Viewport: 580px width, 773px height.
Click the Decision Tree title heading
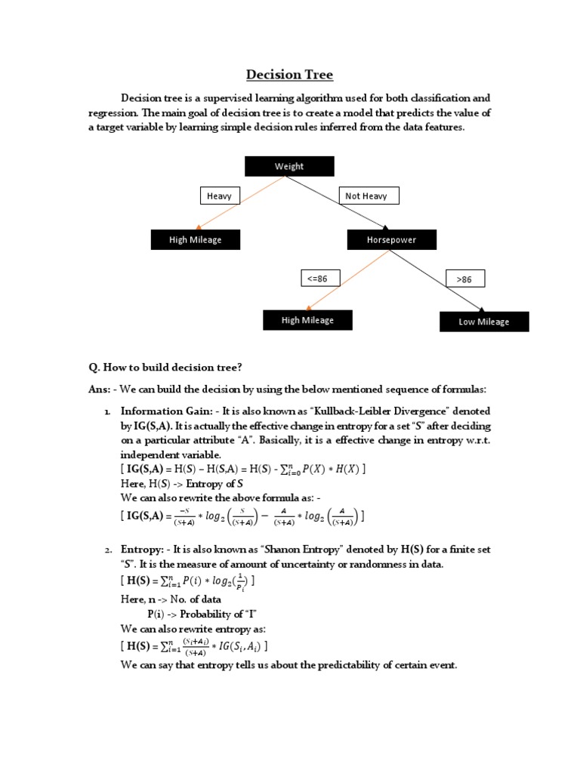[290, 75]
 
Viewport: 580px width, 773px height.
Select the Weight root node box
[289, 166]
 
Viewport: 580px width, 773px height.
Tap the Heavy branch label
[219, 196]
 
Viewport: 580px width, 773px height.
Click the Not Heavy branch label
[368, 196]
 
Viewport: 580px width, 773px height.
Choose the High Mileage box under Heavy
[195, 240]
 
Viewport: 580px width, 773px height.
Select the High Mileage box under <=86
[307, 320]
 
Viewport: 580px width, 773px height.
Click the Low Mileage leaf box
[483, 322]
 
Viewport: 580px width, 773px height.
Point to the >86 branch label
[464, 279]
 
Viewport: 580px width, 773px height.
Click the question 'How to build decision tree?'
[165, 368]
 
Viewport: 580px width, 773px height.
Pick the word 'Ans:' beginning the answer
[100, 389]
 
